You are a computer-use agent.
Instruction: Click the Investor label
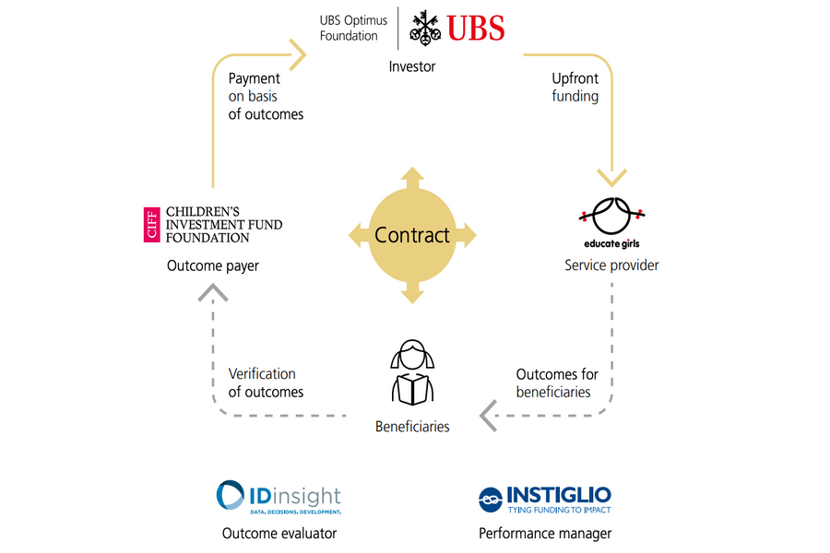pos(412,66)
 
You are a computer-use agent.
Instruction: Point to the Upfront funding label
pos(575,88)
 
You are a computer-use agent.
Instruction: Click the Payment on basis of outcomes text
pos(266,97)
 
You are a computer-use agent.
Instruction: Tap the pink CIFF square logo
pos(152,223)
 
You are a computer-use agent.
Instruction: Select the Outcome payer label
pos(213,266)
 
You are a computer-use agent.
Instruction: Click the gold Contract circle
pos(412,235)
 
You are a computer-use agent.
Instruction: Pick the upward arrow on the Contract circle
pos(412,176)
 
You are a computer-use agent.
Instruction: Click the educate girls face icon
pos(612,217)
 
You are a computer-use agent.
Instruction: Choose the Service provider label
pos(611,266)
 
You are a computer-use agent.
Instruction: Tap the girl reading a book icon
pos(412,374)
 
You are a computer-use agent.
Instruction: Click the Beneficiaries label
pos(412,427)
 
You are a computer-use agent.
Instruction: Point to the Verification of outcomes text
pos(266,382)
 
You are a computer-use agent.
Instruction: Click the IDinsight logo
pos(279,496)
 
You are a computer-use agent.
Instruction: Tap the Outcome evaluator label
pos(279,533)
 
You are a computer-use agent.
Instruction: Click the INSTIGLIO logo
pos(545,498)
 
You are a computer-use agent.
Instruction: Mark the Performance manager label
pos(545,533)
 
